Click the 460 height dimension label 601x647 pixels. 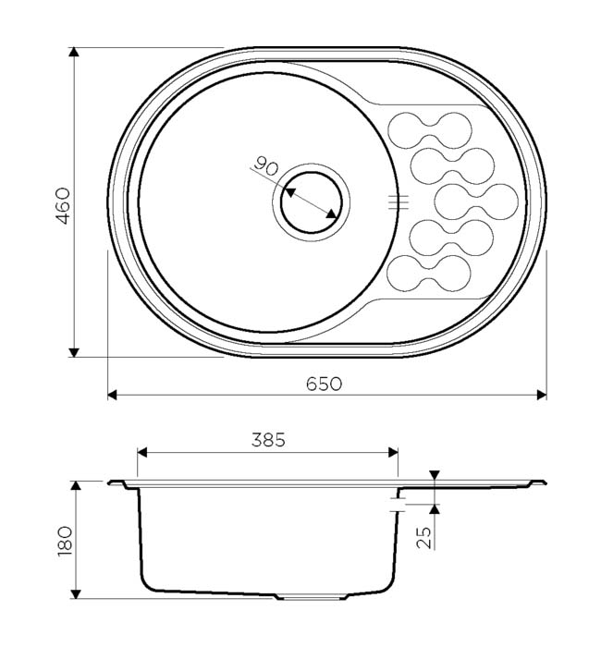pos(63,206)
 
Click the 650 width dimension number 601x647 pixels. pos(324,384)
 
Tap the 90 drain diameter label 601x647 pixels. pos(265,165)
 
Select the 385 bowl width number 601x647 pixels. pos(268,440)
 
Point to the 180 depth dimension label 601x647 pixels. pos(66,542)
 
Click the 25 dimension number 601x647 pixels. pos(423,538)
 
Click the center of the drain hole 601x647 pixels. pos(312,202)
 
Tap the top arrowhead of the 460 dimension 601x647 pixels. pos(74,52)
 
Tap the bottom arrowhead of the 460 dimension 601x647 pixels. pos(74,352)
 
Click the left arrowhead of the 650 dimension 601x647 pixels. pos(112,395)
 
